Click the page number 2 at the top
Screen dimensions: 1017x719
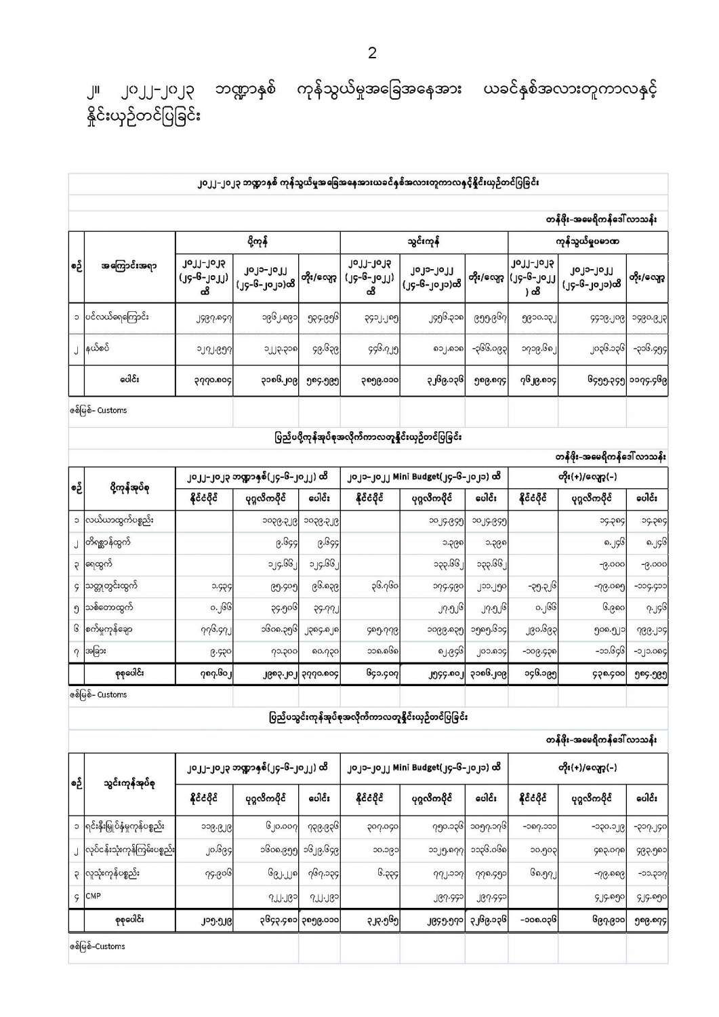pos(372,54)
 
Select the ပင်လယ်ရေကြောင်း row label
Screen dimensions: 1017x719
pos(118,317)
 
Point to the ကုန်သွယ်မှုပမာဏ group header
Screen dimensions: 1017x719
pos(587,241)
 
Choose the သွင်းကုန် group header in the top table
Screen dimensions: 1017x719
pos(424,241)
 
